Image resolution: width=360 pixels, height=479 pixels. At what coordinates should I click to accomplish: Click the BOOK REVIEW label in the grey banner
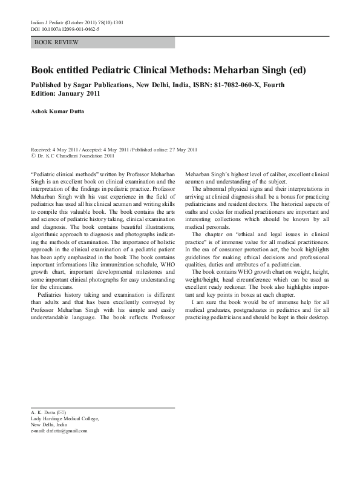56,42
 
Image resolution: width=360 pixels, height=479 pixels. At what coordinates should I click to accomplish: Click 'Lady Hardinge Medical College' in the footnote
64,418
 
